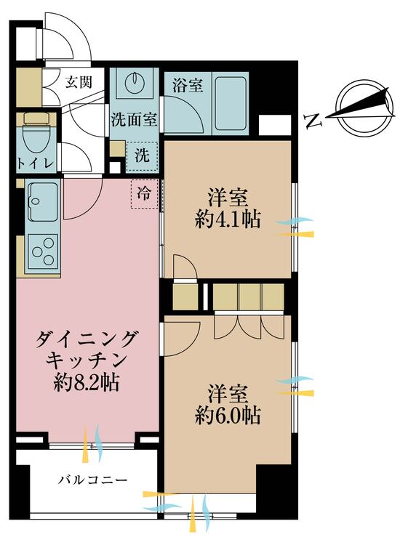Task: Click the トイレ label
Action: coord(33,163)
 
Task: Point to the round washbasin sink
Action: coord(135,83)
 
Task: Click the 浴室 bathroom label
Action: coord(188,85)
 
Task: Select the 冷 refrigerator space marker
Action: coord(145,194)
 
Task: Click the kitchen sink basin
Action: coord(41,197)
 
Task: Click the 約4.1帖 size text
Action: coord(228,219)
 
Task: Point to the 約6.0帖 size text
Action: coord(228,416)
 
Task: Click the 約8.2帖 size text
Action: coord(86,381)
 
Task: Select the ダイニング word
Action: coord(86,338)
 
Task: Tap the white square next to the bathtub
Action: coord(274,125)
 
